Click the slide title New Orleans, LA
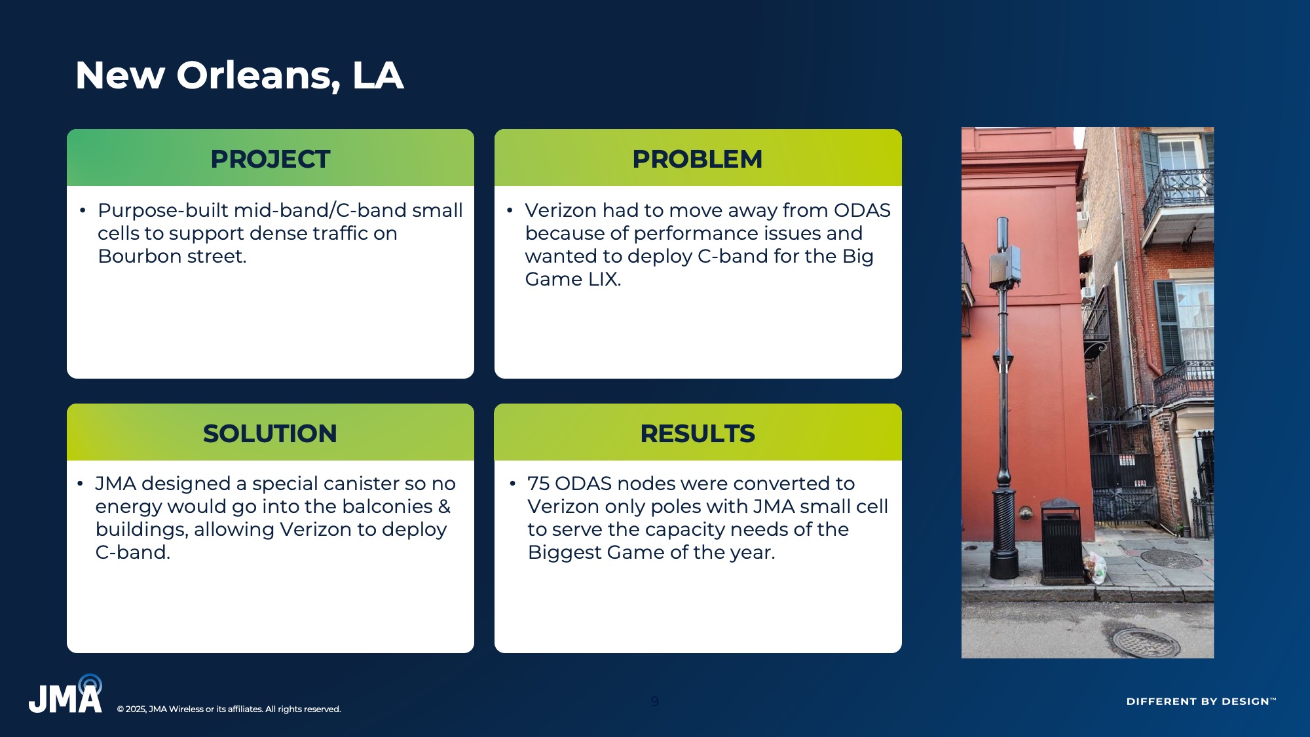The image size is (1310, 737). click(x=239, y=75)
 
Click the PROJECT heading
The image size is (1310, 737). click(x=270, y=159)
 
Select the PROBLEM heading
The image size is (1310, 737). click(x=698, y=159)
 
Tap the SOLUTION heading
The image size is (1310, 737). click(x=270, y=434)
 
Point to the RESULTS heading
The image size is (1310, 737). click(x=698, y=434)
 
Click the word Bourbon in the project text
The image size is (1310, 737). click(x=140, y=256)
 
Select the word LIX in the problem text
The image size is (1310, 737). click(x=603, y=279)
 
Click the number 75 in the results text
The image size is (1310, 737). click(x=538, y=483)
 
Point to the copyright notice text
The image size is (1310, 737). click(x=229, y=709)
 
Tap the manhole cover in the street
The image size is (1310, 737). click(x=1143, y=641)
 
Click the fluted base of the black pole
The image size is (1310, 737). click(x=1004, y=531)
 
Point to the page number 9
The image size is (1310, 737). click(x=654, y=702)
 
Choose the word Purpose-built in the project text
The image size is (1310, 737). click(x=163, y=210)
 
